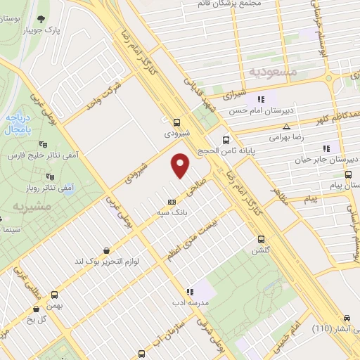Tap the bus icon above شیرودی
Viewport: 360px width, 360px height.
tap(176, 120)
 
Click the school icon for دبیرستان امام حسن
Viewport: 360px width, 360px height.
tap(260, 99)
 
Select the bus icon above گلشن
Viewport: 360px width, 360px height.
tap(261, 238)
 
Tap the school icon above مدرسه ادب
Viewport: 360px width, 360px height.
tap(189, 291)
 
